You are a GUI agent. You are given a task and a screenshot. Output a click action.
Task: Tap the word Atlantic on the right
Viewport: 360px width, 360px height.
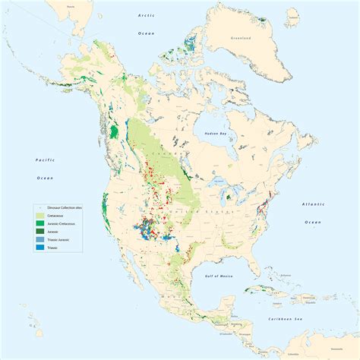pyautogui.click(x=314, y=205)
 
